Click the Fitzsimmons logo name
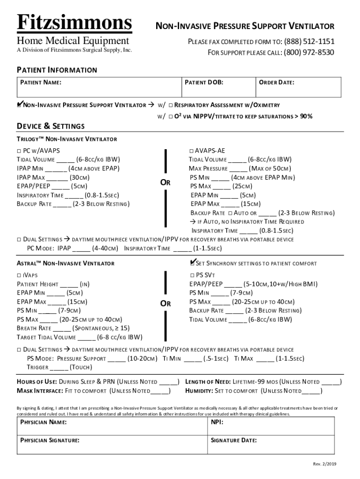click(x=75, y=22)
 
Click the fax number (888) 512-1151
click(x=309, y=42)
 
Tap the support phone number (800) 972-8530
click(x=309, y=52)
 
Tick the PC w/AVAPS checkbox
click(x=19, y=151)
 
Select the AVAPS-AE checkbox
click(x=192, y=151)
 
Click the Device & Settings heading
click(x=51, y=126)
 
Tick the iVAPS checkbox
click(x=19, y=275)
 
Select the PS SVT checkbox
click(x=192, y=275)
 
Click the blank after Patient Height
click(x=69, y=284)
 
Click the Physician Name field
click(x=112, y=426)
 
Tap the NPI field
click(x=271, y=426)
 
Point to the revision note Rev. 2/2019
click(x=324, y=464)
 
